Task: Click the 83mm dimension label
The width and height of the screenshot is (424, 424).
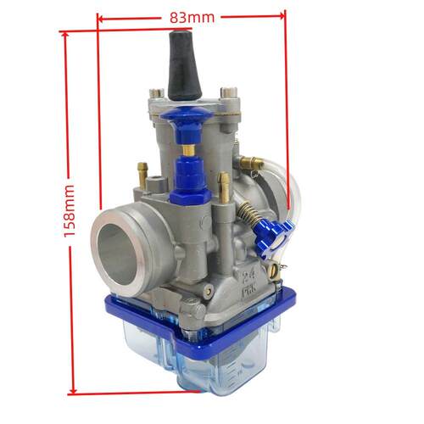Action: point(192,18)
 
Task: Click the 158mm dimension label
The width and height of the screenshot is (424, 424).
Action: point(69,211)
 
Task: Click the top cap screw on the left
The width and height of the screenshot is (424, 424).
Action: point(157,93)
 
